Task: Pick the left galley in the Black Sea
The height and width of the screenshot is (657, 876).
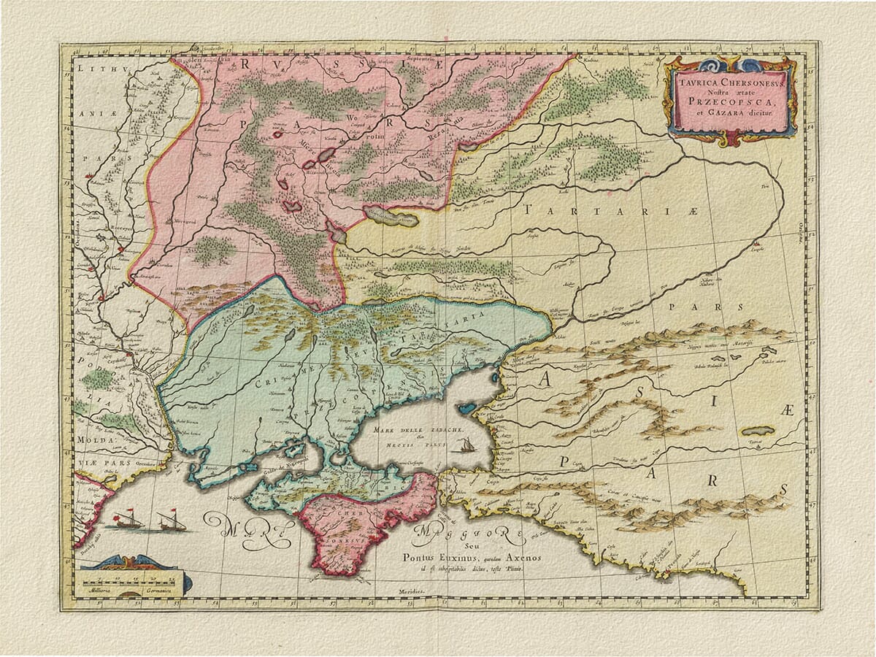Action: tap(125, 520)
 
